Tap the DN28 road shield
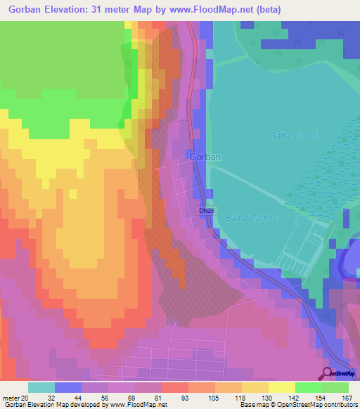click(205, 210)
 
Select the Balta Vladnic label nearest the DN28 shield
click(251, 218)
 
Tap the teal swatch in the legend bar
click(41, 387)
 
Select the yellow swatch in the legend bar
click(255, 387)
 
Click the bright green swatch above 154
click(309, 387)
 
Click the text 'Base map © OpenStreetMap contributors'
click(297, 404)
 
